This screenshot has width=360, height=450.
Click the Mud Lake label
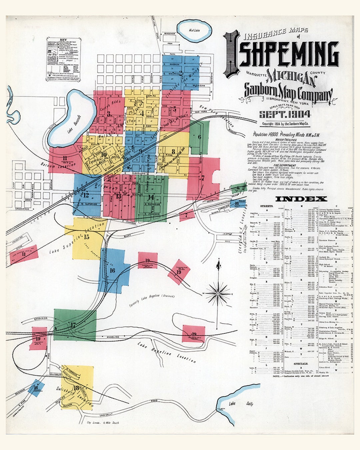point(194,30)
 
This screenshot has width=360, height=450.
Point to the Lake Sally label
point(241,404)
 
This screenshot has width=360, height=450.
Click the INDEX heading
point(301,199)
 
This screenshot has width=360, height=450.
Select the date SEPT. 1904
point(285,115)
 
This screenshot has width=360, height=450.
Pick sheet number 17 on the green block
point(73,325)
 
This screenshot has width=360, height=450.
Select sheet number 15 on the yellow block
point(87,237)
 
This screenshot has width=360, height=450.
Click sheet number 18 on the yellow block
point(76,388)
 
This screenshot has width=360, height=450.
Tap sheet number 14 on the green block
point(151,197)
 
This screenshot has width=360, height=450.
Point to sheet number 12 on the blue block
point(86,195)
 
